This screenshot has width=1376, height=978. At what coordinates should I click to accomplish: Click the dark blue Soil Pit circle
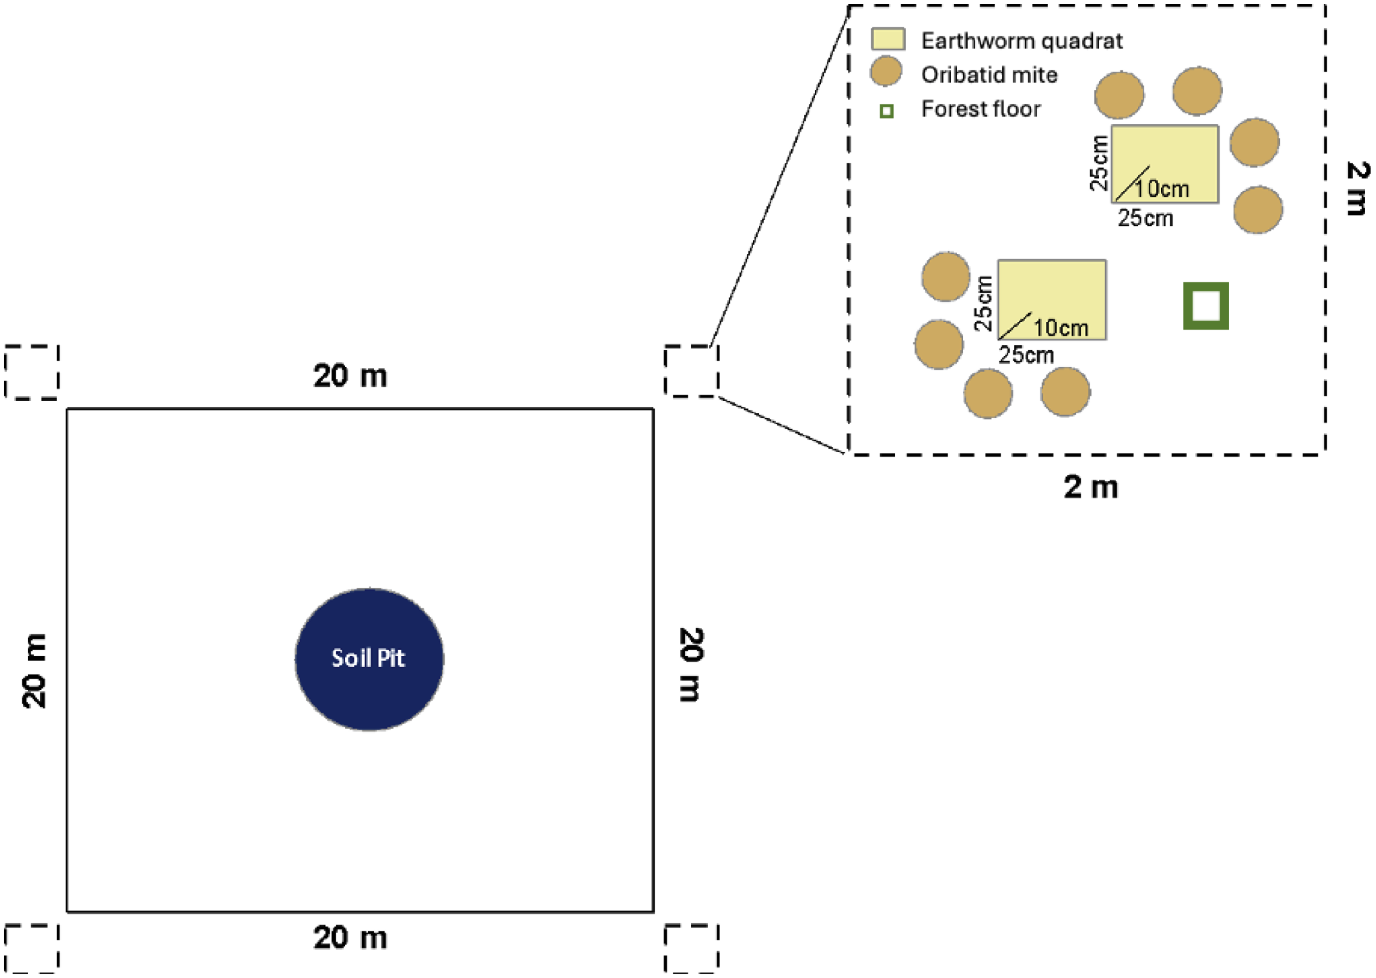[369, 660]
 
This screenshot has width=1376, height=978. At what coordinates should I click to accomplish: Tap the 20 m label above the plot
[350, 376]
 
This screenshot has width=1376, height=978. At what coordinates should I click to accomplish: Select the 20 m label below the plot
[350, 938]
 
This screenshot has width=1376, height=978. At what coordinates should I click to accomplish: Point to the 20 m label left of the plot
[34, 670]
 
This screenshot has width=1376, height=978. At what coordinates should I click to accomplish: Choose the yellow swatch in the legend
[888, 39]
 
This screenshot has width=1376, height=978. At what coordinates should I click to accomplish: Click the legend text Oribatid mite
[989, 75]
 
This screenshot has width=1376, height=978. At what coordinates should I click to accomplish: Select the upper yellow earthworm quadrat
[1165, 164]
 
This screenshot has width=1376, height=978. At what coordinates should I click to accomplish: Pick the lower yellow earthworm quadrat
[1052, 300]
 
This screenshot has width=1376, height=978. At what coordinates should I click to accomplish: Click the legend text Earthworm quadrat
[1022, 41]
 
